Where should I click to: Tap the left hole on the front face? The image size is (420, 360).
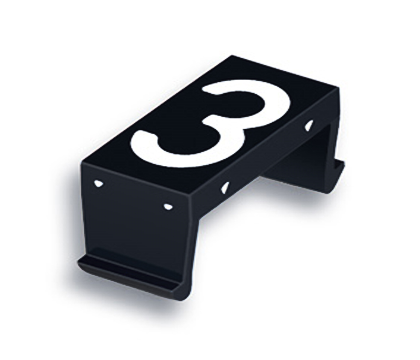tap(98, 183)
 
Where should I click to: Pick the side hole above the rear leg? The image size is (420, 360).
tap(309, 125)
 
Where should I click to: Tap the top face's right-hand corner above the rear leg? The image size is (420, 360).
tap(339, 89)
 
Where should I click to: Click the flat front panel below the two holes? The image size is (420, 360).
tap(135, 229)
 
